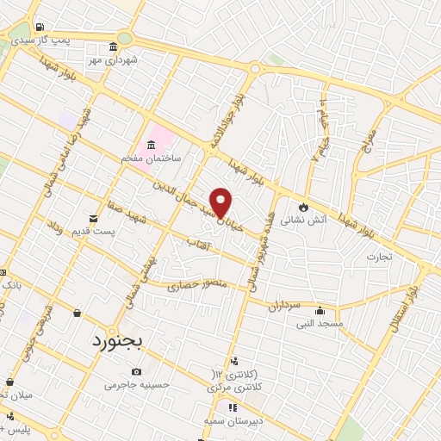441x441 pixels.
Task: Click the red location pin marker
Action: point(221,202)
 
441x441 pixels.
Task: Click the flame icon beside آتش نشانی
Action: point(302,207)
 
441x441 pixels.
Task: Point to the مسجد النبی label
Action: point(320,324)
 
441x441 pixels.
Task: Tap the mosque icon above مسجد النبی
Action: point(320,311)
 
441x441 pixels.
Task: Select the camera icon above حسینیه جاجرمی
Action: point(137,371)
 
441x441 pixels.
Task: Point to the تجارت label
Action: point(379,256)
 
